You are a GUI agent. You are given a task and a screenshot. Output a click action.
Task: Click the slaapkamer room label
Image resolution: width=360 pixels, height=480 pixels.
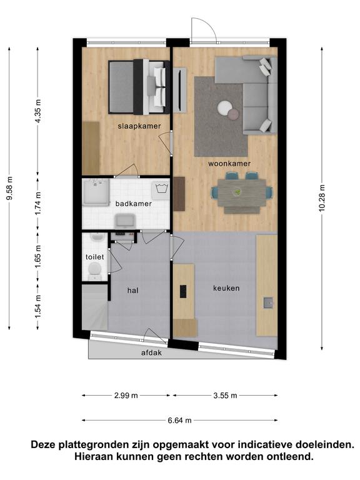click(139, 126)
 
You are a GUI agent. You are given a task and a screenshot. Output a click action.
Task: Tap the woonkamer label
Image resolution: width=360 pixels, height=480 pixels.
click(229, 164)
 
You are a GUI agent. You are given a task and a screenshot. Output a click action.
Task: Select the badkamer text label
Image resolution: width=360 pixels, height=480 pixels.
click(134, 204)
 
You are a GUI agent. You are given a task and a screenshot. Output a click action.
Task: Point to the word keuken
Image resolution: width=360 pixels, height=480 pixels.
click(226, 288)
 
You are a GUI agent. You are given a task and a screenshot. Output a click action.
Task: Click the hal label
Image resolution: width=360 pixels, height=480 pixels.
click(133, 290)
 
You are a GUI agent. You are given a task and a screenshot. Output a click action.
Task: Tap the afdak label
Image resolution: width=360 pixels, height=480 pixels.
click(151, 352)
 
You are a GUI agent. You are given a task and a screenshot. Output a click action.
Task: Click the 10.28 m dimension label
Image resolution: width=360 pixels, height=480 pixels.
click(322, 199)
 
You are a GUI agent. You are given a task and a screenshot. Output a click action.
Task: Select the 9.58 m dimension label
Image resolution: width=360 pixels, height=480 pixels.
click(9, 188)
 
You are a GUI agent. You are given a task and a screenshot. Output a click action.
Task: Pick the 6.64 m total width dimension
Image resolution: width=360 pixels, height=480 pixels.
click(179, 421)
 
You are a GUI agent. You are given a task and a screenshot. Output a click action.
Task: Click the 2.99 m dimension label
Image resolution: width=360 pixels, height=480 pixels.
click(126, 396)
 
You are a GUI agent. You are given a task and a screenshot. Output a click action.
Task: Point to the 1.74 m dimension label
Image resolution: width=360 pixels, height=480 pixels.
click(38, 203)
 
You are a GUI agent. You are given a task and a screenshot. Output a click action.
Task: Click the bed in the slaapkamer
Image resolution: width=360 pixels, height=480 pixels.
click(139, 87)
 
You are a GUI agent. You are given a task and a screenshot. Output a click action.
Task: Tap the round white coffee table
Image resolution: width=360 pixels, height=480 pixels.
click(225, 107)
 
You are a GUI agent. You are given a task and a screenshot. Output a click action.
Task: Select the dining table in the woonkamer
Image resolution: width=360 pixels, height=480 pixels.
click(242, 193)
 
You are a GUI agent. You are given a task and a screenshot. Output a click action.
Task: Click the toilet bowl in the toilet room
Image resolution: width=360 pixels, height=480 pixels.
click(94, 271)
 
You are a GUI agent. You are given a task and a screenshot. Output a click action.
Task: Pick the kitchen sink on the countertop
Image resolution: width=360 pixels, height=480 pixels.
click(269, 302)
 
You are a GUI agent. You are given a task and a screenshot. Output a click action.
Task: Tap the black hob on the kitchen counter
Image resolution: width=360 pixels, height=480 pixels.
click(183, 292)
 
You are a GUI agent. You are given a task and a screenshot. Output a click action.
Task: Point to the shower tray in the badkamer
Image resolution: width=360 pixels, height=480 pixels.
click(96, 192)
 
